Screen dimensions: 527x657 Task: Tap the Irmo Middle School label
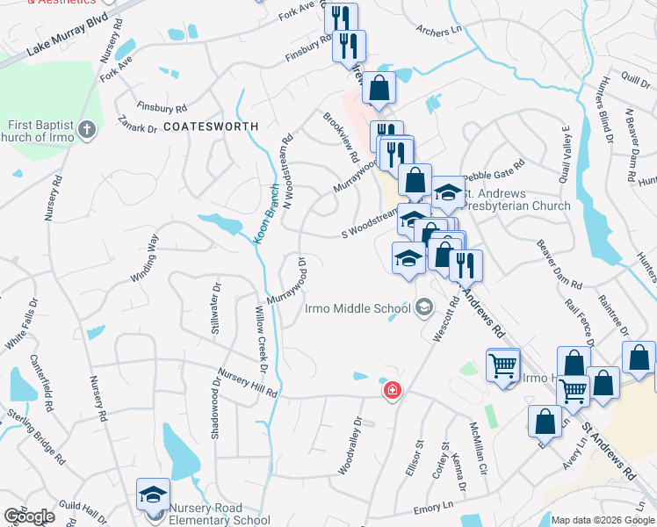(357, 308)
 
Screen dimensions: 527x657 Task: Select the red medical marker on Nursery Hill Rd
(392, 391)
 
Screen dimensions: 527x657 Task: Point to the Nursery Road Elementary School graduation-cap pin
(153, 496)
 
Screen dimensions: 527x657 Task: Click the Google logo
(29, 516)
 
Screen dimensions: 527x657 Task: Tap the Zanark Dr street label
(139, 128)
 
